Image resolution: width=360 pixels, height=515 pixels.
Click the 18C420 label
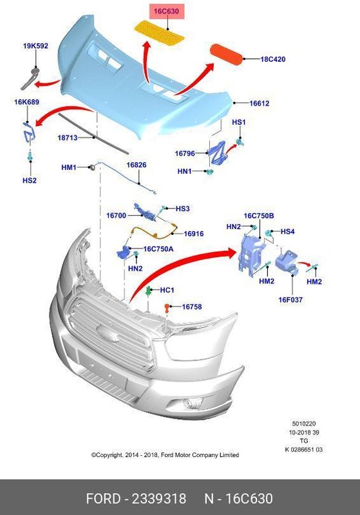[273, 59]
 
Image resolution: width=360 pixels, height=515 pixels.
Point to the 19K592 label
[35, 46]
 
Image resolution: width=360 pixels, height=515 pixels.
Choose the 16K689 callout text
[26, 102]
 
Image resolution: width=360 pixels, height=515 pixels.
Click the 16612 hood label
[260, 103]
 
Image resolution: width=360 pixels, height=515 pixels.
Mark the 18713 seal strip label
[67, 138]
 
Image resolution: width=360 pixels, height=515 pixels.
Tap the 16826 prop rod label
[136, 165]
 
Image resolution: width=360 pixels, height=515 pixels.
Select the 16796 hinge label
[185, 153]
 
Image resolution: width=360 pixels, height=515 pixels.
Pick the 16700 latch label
[116, 215]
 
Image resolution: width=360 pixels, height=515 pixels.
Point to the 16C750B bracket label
[259, 216]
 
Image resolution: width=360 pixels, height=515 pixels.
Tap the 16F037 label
[290, 299]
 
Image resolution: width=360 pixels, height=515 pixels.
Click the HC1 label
[167, 290]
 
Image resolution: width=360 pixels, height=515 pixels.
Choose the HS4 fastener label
[288, 231]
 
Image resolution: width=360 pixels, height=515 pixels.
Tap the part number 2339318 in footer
[159, 499]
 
